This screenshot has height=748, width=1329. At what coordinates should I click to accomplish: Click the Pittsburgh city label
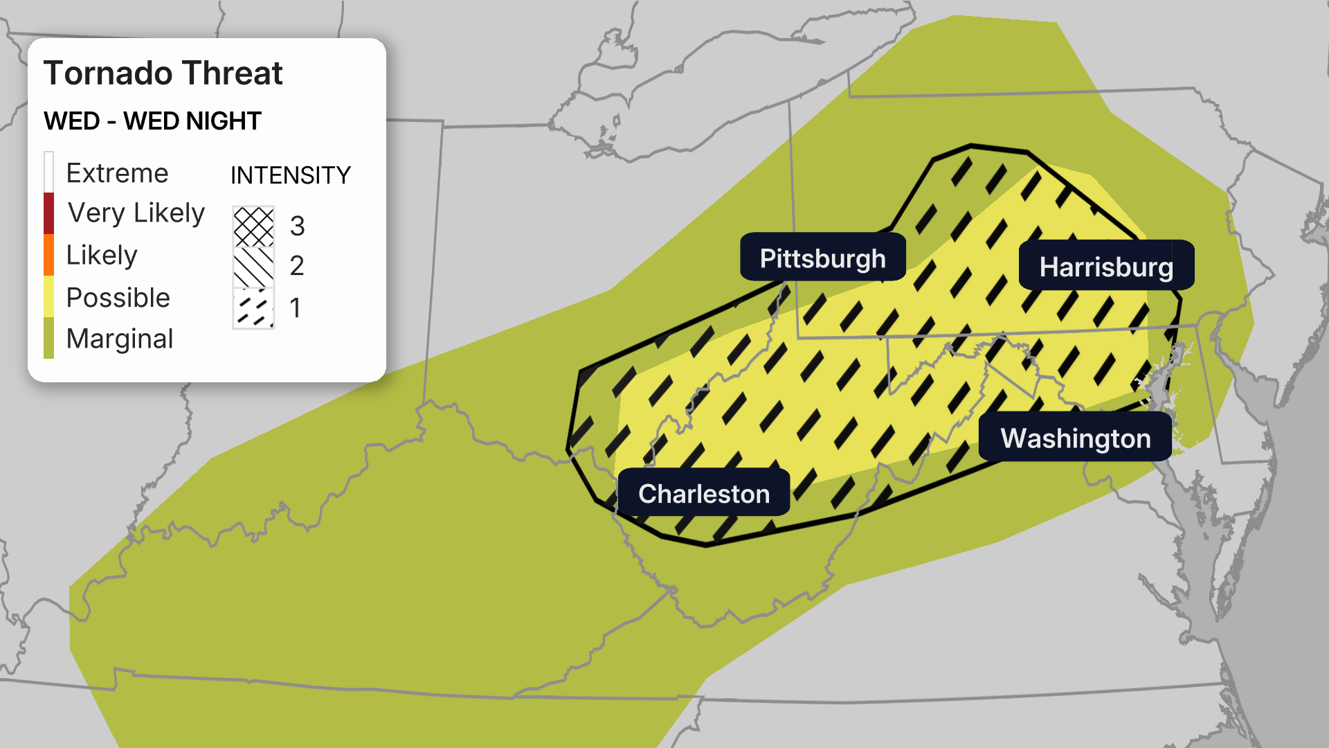[822, 258]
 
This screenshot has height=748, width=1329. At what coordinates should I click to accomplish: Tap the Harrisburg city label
[1106, 266]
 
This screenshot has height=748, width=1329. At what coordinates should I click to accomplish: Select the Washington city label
[1075, 438]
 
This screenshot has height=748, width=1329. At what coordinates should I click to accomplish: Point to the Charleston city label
[703, 493]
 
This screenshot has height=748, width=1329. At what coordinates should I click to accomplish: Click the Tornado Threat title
[163, 73]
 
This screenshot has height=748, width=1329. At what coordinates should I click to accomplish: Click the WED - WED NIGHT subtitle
[152, 121]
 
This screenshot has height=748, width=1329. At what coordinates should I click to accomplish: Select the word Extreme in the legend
[117, 172]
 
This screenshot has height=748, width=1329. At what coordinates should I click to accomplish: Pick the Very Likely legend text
[136, 213]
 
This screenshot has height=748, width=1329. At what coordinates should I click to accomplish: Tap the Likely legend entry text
[102, 255]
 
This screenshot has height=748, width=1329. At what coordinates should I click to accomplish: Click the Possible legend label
[118, 297]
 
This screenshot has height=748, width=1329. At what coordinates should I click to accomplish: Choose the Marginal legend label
[119, 339]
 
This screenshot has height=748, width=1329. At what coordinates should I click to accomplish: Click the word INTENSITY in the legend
[290, 175]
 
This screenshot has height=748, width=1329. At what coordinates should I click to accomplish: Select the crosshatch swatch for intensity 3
[253, 226]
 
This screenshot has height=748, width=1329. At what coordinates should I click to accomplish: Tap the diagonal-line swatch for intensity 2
[253, 267]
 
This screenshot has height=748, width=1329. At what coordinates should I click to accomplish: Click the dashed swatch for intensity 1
[253, 308]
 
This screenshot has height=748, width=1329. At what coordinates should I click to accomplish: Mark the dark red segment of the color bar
[48, 213]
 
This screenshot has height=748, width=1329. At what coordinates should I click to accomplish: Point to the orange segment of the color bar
[48, 255]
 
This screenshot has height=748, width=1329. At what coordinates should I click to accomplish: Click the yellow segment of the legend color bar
[48, 296]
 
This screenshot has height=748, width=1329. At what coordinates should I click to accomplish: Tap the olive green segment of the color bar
[48, 338]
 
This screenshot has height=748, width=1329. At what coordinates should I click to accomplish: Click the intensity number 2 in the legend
[297, 266]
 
